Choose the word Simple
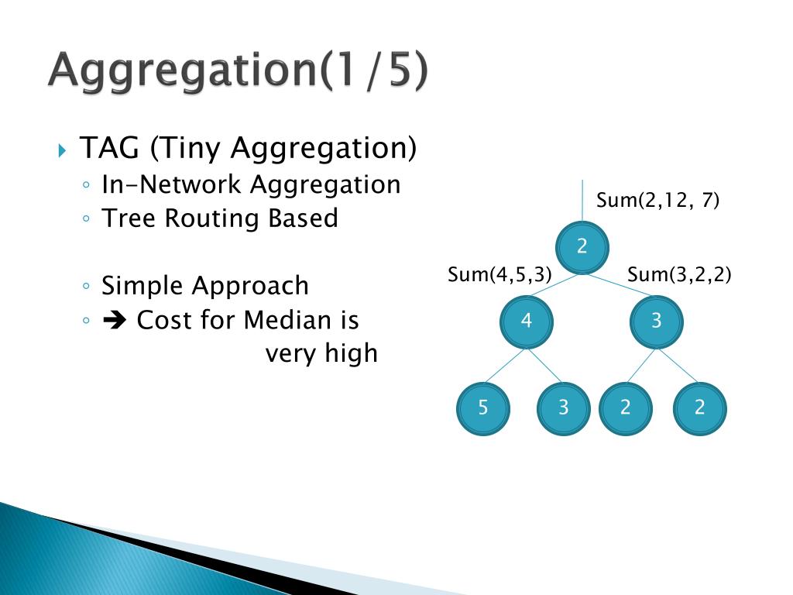[x=143, y=286]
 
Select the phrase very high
[x=321, y=354]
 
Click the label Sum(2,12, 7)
[x=657, y=201]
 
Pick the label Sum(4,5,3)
[x=499, y=274]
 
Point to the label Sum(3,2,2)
[x=679, y=274]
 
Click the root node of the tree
[x=582, y=247]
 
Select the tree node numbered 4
[x=527, y=321]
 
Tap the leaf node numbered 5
[x=483, y=408]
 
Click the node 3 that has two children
[x=657, y=321]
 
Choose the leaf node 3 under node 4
[x=564, y=408]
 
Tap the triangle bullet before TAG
[x=63, y=149]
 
